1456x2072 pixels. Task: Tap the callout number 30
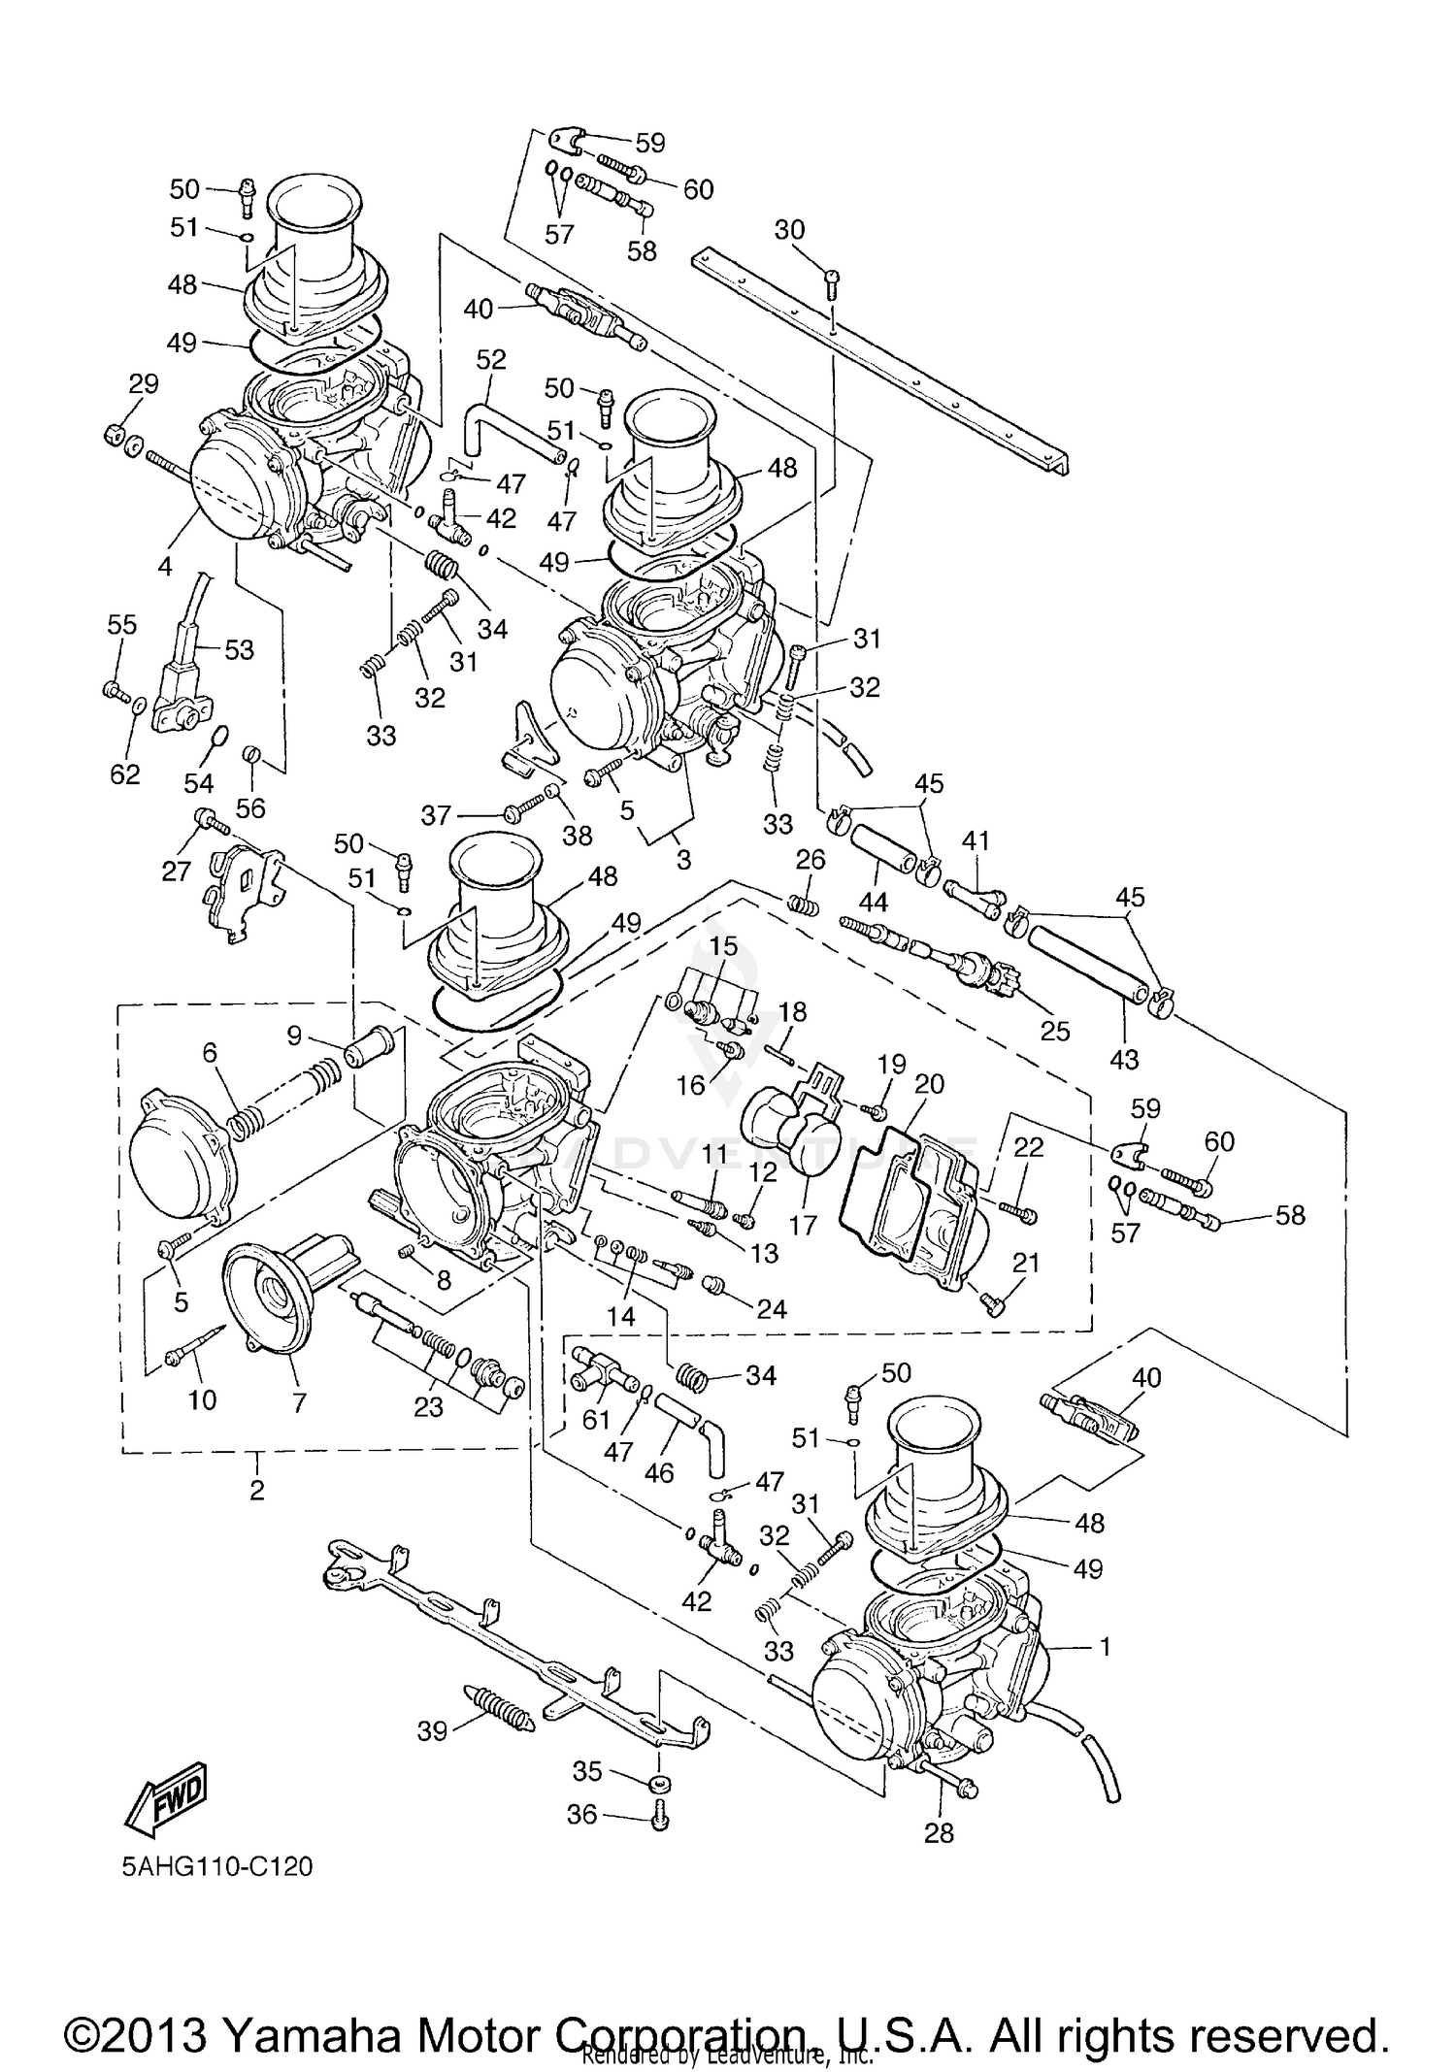(789, 230)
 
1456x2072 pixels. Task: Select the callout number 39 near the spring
(432, 1730)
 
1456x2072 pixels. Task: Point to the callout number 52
(491, 360)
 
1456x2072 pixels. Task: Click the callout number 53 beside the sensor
(239, 650)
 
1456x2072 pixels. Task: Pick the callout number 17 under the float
(803, 1224)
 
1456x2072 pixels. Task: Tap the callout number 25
(1054, 1031)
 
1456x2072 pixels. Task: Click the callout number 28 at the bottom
(939, 1832)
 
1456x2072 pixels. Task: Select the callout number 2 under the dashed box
(256, 1490)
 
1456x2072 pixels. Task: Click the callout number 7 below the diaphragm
(299, 1402)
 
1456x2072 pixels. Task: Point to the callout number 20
(929, 1084)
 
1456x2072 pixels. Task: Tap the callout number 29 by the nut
(144, 384)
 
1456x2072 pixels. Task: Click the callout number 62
(124, 773)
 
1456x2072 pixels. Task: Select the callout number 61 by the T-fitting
(596, 1420)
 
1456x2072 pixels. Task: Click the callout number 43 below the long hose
(1124, 1059)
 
